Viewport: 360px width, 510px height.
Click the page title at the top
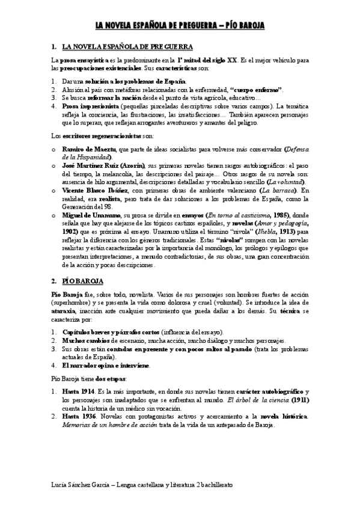click(180, 25)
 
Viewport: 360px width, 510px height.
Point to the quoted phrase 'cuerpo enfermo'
click(255, 89)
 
